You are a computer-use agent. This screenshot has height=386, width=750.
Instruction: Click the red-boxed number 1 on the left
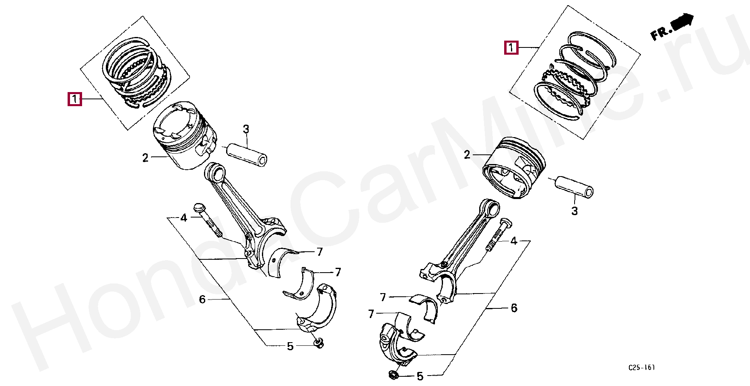click(x=75, y=99)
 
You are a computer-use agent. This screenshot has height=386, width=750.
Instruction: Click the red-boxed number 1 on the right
click(x=511, y=48)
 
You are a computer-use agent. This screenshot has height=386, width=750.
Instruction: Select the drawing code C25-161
click(x=642, y=368)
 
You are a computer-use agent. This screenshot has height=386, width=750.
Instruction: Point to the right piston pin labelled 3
click(x=574, y=186)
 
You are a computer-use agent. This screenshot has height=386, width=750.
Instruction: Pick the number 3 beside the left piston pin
click(x=246, y=129)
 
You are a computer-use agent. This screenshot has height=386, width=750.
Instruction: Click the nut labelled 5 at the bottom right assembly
click(x=393, y=375)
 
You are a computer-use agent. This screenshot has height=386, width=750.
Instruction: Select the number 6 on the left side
click(x=202, y=300)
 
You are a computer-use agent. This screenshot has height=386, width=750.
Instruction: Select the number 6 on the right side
click(x=514, y=308)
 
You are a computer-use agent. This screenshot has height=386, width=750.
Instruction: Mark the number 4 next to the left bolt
click(x=184, y=218)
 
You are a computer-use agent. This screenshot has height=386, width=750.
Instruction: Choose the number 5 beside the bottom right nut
click(x=420, y=376)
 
